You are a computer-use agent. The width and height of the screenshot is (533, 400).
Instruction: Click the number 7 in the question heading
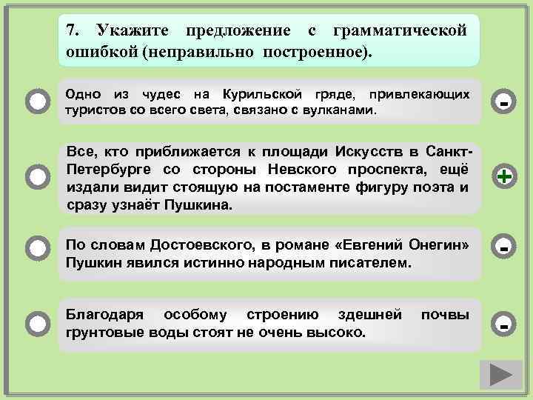click(x=70, y=31)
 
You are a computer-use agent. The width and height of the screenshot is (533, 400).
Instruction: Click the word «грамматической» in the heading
click(x=400, y=31)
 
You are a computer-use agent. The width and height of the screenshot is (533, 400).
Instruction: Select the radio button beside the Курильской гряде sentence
click(x=36, y=102)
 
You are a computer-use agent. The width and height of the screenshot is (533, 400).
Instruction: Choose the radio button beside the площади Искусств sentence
click(x=36, y=177)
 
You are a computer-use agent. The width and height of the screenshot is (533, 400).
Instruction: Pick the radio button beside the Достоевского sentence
click(x=36, y=247)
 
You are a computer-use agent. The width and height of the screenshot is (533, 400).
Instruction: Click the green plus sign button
click(x=504, y=177)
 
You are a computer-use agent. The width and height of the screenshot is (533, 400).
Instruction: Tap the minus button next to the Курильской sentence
click(x=504, y=102)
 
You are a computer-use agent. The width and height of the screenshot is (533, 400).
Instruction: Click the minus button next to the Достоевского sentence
click(x=504, y=247)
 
